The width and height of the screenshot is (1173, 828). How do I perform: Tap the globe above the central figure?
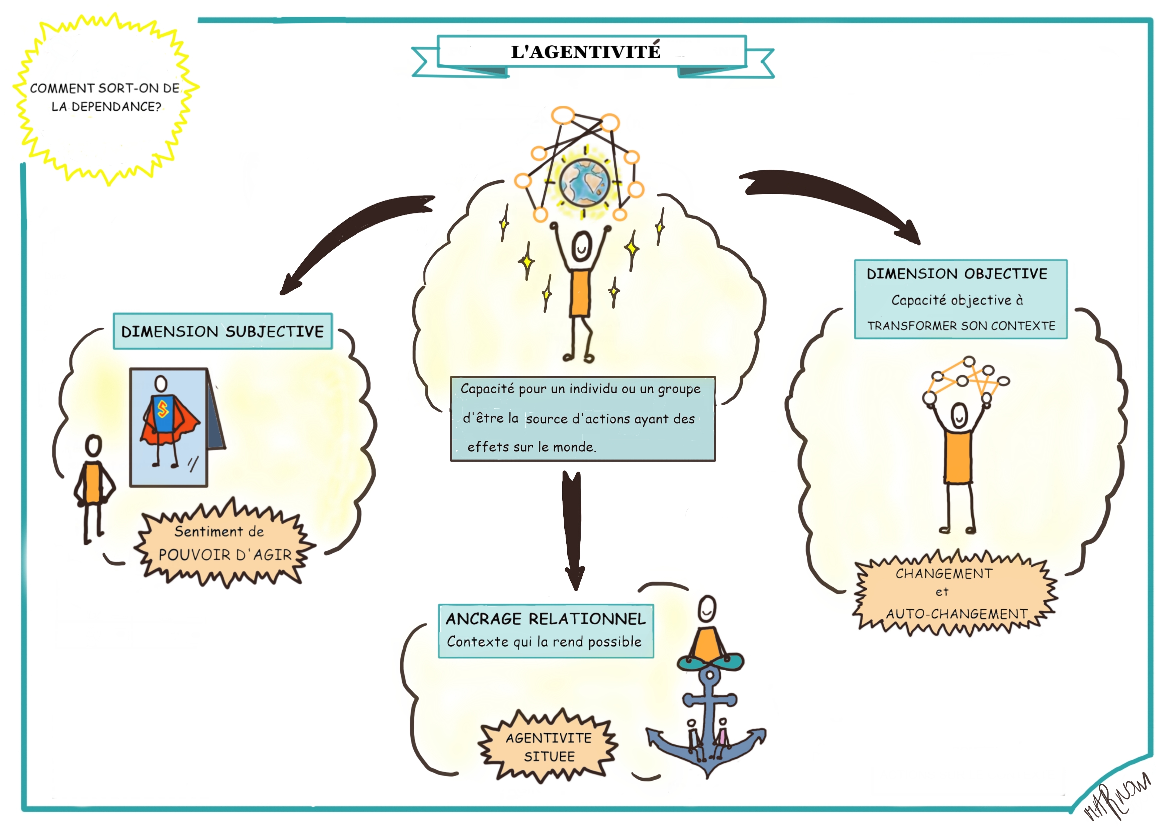point(584,183)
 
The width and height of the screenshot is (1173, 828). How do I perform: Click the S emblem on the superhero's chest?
point(163,409)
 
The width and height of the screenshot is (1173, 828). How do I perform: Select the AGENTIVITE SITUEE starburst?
point(549,747)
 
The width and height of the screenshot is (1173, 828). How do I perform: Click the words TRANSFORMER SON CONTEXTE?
point(961,326)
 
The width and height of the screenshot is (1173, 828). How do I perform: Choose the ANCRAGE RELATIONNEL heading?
point(546,619)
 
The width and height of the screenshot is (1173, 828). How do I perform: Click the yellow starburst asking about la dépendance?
point(105,97)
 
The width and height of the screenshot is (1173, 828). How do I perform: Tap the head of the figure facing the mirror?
point(93,446)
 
